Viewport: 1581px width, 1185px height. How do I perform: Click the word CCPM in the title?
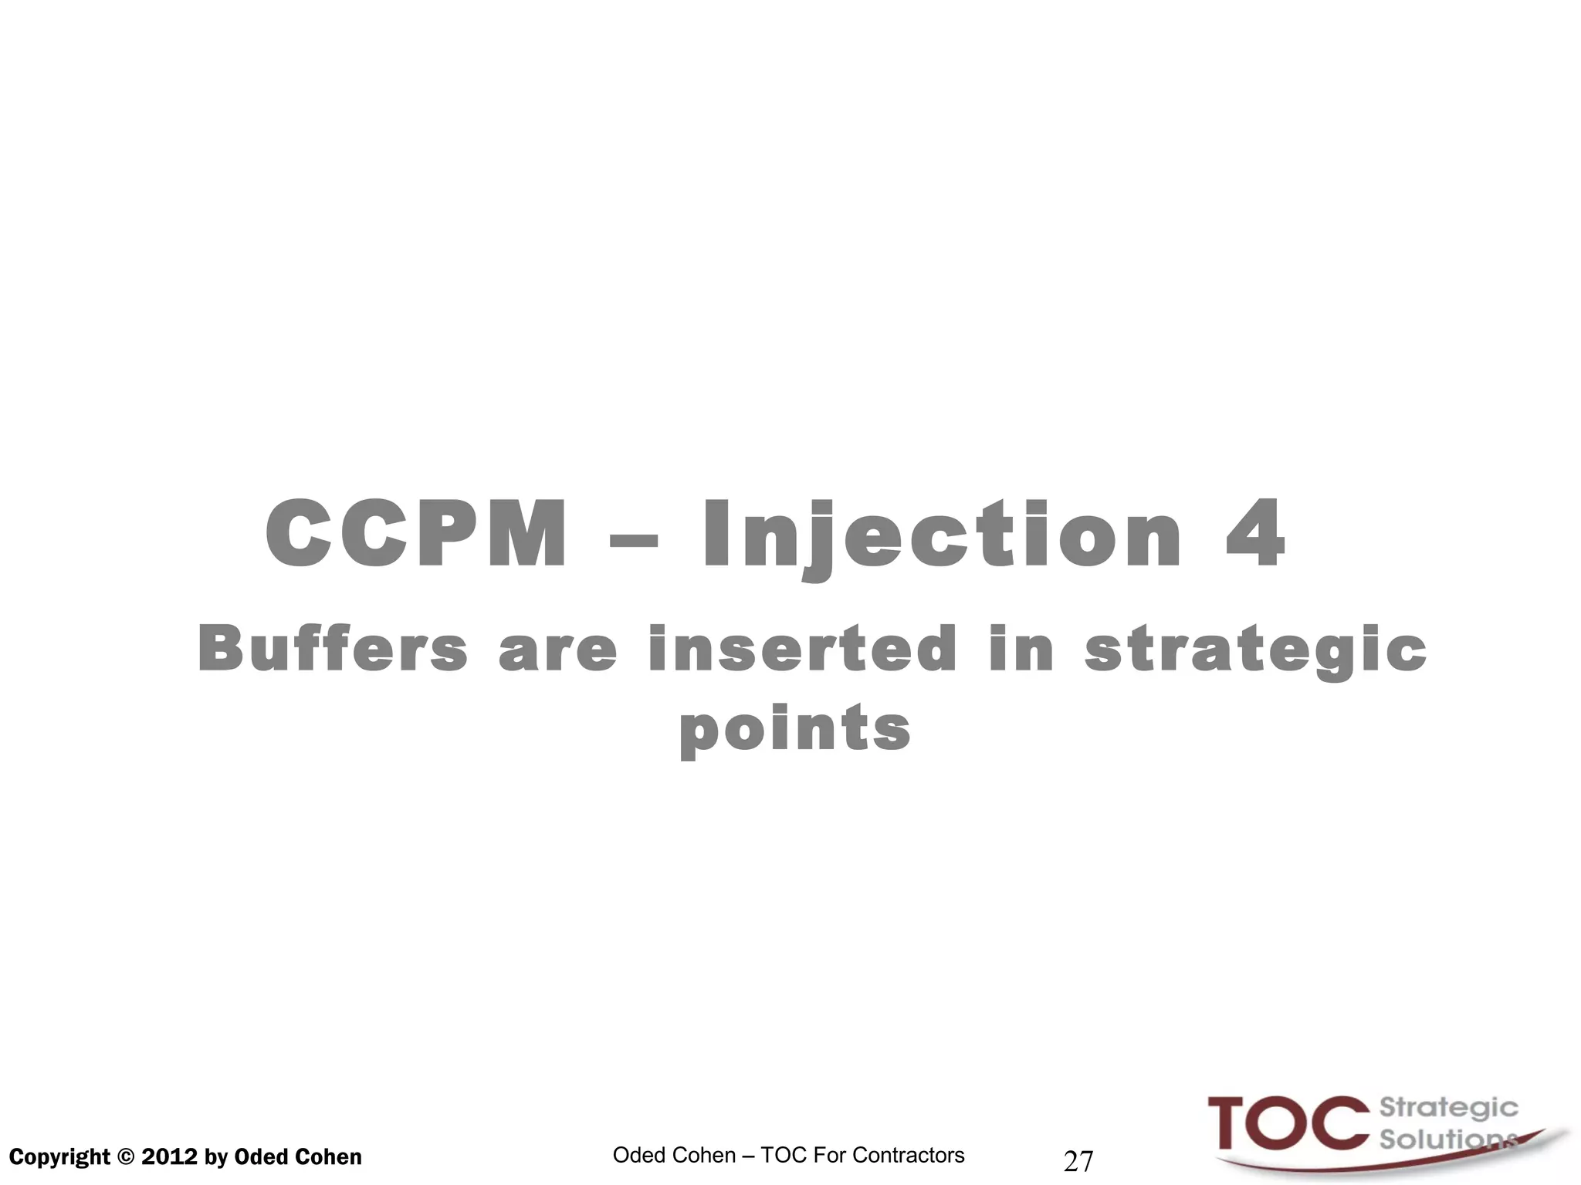point(415,534)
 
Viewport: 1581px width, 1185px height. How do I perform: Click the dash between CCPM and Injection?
point(634,538)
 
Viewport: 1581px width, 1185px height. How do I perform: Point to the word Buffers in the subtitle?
point(333,649)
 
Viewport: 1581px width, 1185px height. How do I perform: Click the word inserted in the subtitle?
point(803,649)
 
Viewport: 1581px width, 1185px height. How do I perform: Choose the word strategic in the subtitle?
point(1256,650)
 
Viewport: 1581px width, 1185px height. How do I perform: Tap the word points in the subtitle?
point(795,729)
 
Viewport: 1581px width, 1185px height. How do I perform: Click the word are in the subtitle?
point(557,650)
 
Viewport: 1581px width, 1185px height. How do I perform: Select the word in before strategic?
point(1021,649)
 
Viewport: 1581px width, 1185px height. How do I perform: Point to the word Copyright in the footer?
point(59,1157)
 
